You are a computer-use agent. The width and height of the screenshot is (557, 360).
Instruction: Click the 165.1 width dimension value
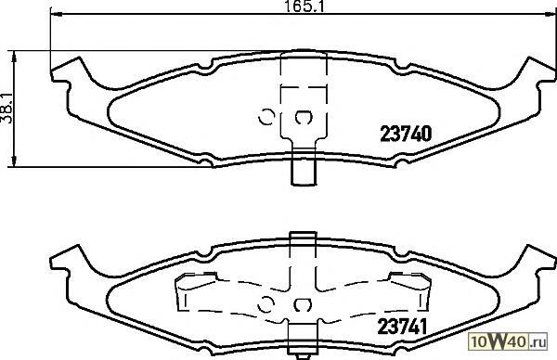(305, 6)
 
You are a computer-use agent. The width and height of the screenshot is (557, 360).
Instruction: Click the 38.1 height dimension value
(6, 109)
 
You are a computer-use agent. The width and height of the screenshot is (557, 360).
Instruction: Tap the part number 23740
(406, 134)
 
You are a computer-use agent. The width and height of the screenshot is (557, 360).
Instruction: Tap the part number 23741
(402, 326)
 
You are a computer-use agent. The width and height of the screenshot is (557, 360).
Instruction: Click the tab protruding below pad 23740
(304, 167)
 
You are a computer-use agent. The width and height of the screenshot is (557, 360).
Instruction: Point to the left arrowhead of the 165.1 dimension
(56, 14)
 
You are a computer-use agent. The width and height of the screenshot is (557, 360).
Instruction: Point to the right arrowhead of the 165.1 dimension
(550, 14)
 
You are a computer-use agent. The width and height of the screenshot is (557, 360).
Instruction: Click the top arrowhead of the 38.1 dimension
(14, 57)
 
